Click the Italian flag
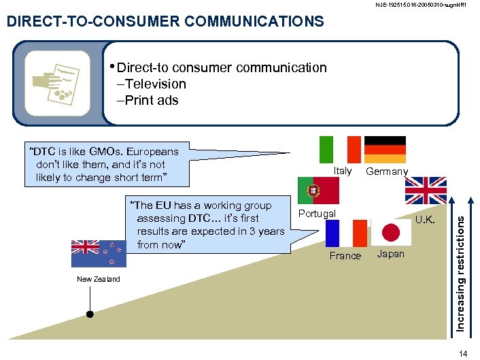pos(340,149)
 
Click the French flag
pos(345,233)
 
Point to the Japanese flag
pos(391,233)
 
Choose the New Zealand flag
pos(99,253)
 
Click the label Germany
pos(387,171)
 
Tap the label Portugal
pos(317,214)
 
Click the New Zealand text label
pos(99,279)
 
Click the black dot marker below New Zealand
pos(89,314)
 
